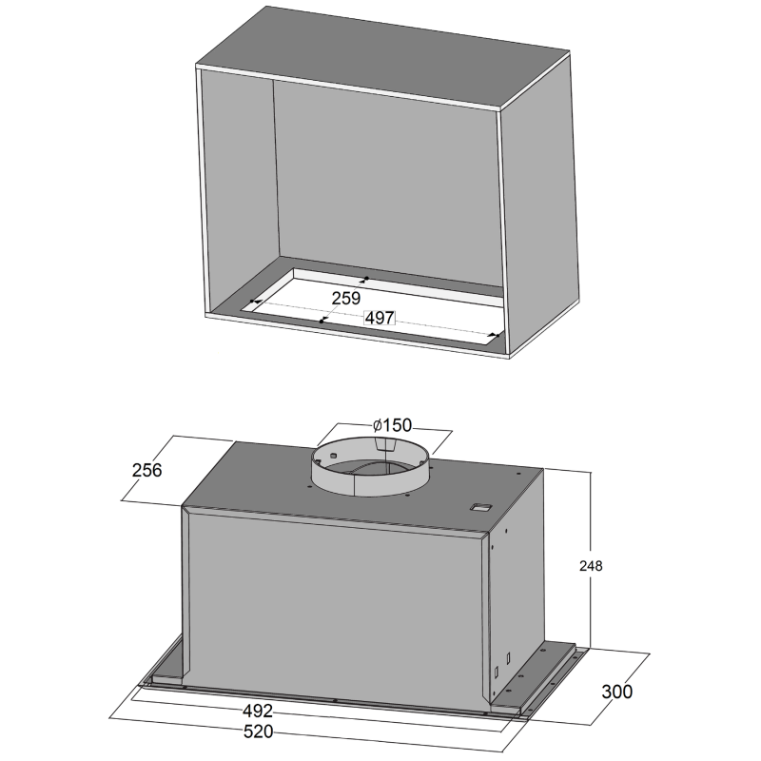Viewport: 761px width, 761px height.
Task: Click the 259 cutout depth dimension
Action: click(346, 298)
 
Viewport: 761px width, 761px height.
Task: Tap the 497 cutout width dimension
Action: click(380, 318)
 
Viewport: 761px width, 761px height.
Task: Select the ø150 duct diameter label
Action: click(392, 425)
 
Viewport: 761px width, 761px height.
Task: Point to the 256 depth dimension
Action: click(146, 470)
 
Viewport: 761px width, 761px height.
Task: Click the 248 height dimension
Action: click(591, 566)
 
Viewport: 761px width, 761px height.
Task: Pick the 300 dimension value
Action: click(616, 692)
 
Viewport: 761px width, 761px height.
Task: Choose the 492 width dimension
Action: click(258, 711)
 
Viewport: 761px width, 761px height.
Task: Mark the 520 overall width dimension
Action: click(258, 732)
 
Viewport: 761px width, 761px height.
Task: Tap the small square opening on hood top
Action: click(480, 508)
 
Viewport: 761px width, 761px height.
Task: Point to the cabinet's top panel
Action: click(383, 57)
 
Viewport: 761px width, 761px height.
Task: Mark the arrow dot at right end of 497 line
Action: click(495, 335)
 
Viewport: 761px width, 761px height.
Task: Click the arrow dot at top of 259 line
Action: click(366, 279)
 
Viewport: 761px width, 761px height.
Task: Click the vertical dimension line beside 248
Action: click(591, 559)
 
